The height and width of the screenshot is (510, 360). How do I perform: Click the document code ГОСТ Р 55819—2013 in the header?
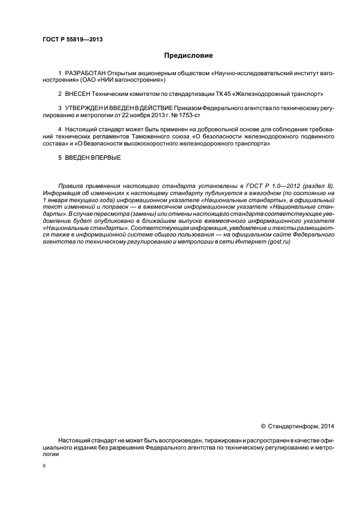pyautogui.click(x=72, y=39)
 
